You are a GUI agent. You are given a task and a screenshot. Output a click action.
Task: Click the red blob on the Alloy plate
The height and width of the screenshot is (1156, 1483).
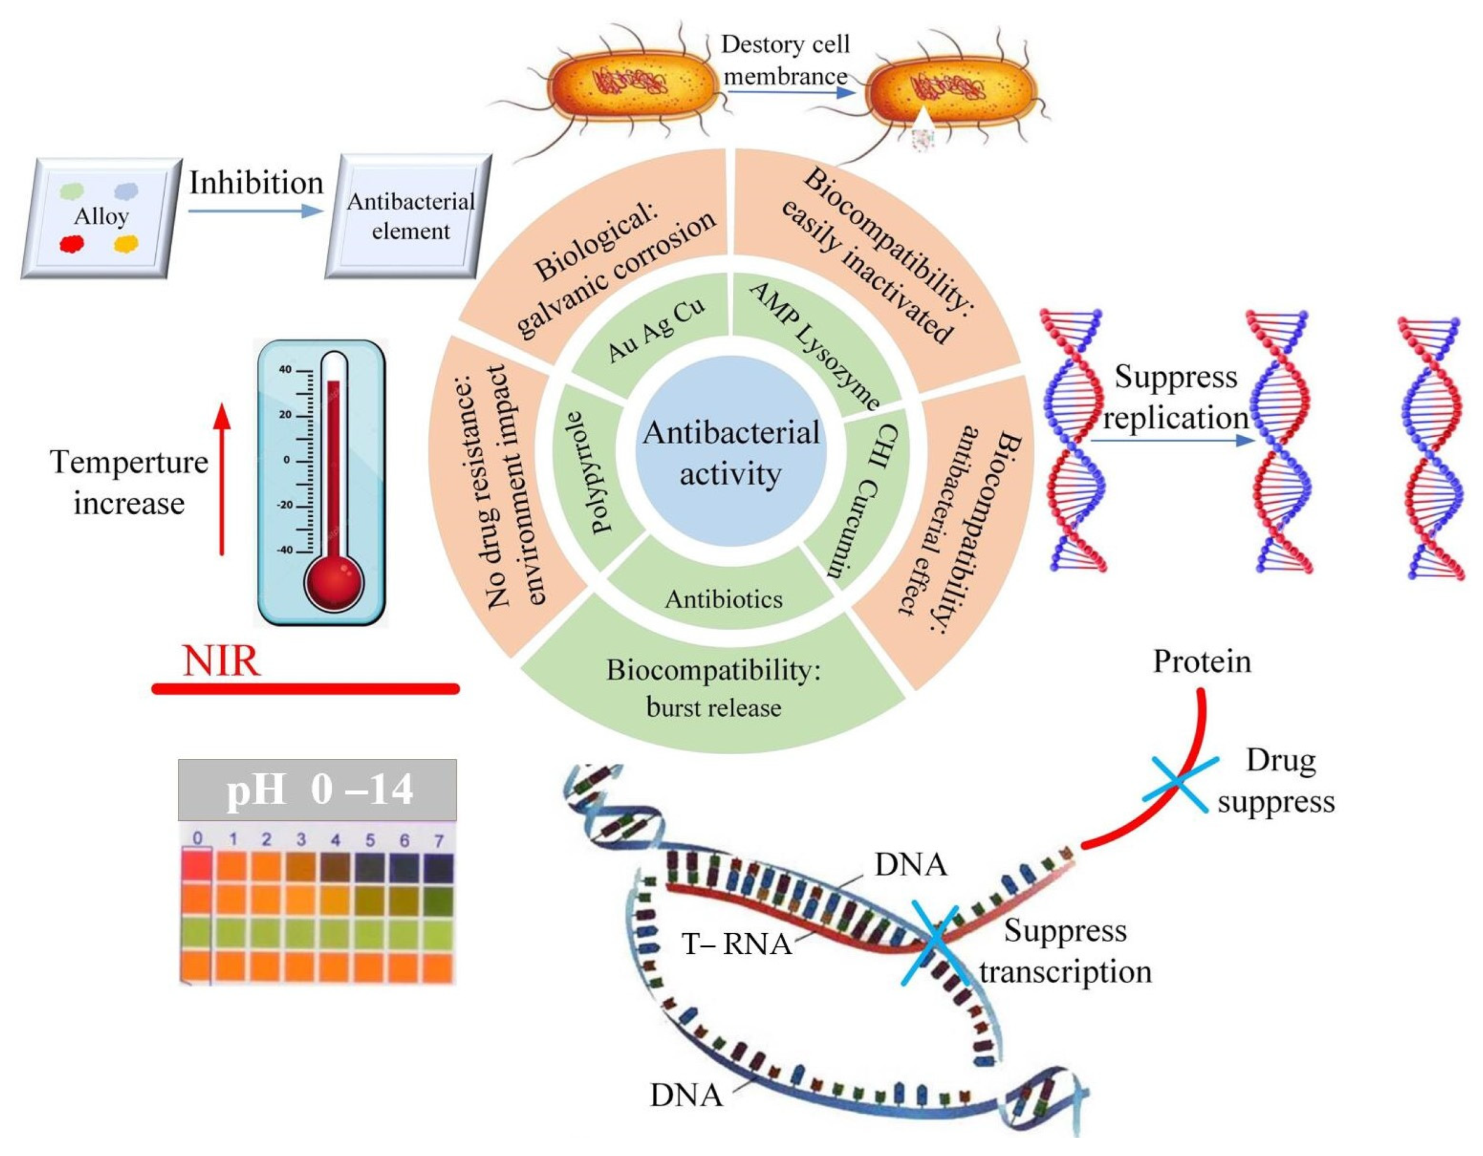[71, 243]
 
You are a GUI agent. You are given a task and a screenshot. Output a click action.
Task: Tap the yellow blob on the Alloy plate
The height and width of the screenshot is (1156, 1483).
[125, 244]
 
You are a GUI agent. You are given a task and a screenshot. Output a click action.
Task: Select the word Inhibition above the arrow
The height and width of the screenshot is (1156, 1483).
[256, 182]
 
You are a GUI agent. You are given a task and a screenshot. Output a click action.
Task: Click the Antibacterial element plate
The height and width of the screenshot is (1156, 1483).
[408, 216]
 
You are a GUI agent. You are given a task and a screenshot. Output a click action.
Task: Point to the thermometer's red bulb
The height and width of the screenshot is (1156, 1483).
[334, 582]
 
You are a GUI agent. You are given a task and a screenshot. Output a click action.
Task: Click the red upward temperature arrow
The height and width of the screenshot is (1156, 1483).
[221, 479]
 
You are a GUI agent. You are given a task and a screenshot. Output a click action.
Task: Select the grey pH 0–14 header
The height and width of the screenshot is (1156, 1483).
[317, 789]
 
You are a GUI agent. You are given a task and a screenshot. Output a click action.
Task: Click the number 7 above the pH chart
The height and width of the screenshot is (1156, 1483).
[439, 841]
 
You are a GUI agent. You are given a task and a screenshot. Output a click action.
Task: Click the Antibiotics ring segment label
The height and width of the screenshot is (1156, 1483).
[724, 599]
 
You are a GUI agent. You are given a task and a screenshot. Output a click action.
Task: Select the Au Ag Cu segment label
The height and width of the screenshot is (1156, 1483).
[656, 329]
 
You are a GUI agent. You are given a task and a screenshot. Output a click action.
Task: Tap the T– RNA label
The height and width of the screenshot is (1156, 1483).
[737, 944]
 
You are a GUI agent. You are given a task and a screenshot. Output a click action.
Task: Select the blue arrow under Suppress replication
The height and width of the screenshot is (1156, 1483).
[1172, 440]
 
